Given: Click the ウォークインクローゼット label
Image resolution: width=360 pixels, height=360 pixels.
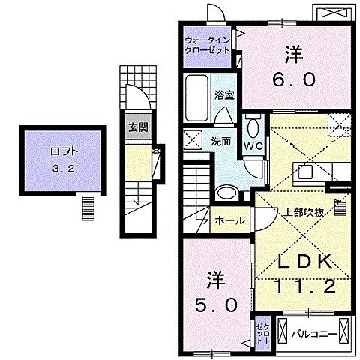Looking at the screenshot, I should (x=207, y=43).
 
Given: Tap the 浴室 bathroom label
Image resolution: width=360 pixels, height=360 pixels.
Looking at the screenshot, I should (x=223, y=96).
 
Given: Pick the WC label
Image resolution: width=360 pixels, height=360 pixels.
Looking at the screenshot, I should (x=251, y=146).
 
